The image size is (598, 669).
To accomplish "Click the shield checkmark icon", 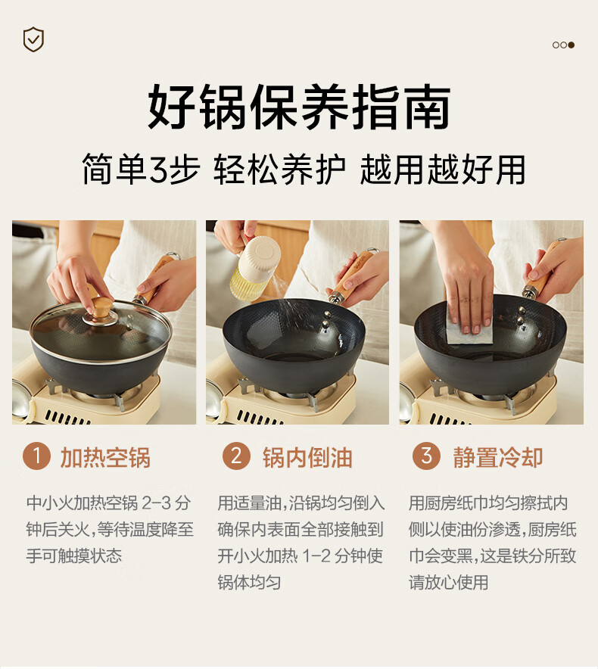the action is tap(33, 39).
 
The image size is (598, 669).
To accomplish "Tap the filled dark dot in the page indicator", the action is tap(571, 45).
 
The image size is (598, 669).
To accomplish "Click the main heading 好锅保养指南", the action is tap(299, 107).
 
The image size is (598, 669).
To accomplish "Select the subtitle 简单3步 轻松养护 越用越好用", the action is tap(303, 169).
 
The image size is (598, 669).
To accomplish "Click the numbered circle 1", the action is tap(36, 456).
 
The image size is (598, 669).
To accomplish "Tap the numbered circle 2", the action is tap(236, 456).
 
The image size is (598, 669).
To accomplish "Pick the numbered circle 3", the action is tap(426, 456).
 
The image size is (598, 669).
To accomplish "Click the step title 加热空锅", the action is tap(105, 457).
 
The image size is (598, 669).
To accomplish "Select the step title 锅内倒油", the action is tap(307, 457).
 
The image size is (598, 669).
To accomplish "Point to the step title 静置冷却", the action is tap(497, 457).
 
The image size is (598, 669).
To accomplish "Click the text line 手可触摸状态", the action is tap(74, 555).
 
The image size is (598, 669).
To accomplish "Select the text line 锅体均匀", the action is tap(249, 582).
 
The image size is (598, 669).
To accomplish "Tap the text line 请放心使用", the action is tap(448, 582).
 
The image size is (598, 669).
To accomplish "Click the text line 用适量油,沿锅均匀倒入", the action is tap(301, 503).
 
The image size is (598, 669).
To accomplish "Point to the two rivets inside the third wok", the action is tap(521, 316).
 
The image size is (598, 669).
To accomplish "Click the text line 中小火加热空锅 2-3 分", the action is tap(108, 503).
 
